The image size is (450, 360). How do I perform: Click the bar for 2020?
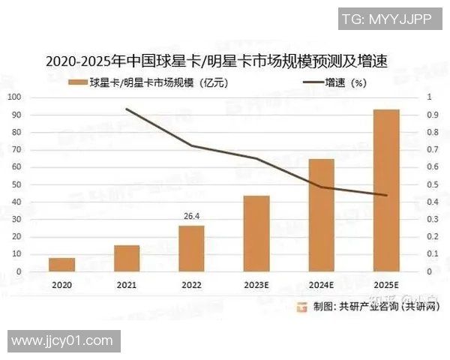62,265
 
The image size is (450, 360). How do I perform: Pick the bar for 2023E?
256,233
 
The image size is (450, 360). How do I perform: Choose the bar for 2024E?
321,215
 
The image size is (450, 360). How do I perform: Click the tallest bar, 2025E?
386,190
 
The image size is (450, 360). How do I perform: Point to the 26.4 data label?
192,217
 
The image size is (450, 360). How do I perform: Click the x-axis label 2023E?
256,286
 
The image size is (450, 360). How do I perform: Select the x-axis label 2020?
62,286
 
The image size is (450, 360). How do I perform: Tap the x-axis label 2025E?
386,286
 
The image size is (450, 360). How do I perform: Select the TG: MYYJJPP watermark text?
387,19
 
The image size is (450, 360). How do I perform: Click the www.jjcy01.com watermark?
61,341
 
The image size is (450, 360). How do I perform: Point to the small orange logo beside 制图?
302,306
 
